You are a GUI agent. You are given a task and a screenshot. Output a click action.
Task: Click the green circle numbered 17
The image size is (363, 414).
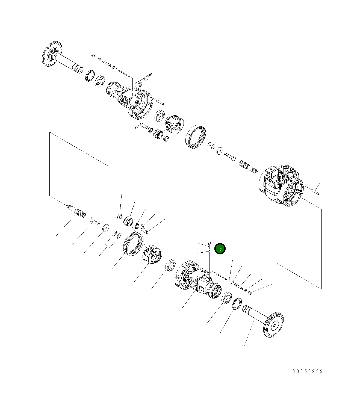[x=220, y=249]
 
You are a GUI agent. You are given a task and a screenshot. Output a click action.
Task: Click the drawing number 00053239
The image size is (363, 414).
[x=307, y=371]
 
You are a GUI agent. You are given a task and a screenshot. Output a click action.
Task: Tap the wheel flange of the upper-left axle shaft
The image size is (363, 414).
[x=52, y=54]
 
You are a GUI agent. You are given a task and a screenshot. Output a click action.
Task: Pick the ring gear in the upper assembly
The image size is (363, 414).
[x=196, y=136]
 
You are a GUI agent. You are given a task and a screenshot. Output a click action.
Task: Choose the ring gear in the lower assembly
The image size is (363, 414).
[x=133, y=244]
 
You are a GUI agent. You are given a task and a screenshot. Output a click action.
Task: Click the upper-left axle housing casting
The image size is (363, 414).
[x=129, y=100]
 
